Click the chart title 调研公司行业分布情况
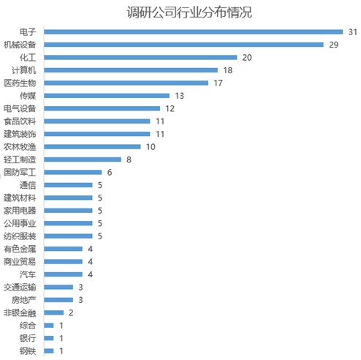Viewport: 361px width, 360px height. click(x=189, y=12)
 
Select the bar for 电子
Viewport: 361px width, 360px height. click(x=194, y=32)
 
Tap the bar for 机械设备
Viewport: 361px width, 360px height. click(x=183, y=45)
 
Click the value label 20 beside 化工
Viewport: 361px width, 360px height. click(x=247, y=58)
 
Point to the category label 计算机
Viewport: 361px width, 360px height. click(x=24, y=70)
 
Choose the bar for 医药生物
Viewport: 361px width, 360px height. click(x=126, y=83)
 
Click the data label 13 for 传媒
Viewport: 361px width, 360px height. click(x=180, y=96)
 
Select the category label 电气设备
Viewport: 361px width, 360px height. click(x=20, y=108)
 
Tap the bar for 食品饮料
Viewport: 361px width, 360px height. click(x=97, y=121)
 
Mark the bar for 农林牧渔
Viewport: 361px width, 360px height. click(x=92, y=147)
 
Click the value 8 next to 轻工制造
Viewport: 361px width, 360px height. click(x=129, y=160)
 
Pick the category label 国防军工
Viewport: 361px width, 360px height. click(x=20, y=173)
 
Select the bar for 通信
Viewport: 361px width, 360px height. click(x=68, y=185)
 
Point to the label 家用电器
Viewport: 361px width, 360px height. click(x=20, y=211)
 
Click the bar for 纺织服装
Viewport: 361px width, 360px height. click(x=68, y=236)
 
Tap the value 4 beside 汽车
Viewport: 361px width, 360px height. click(x=90, y=274)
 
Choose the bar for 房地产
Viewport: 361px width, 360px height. click(x=58, y=300)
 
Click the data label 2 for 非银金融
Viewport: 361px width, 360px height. click(x=71, y=313)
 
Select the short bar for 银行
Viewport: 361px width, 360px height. click(x=49, y=338)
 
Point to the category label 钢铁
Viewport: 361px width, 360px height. click(x=28, y=351)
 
